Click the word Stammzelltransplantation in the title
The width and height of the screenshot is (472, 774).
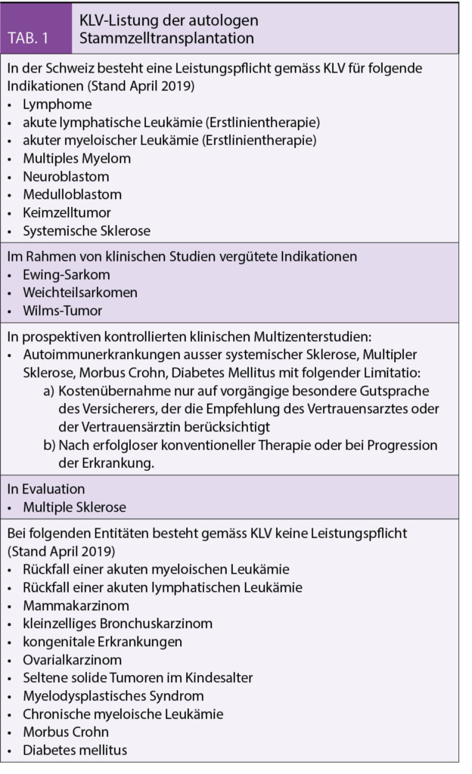(x=166, y=38)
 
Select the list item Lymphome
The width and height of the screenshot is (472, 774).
(x=57, y=104)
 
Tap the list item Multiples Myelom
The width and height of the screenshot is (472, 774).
(x=76, y=159)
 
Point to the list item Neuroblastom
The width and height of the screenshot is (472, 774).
(x=66, y=177)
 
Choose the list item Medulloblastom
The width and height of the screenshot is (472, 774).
(x=72, y=195)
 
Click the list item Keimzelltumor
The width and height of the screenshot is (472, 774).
(x=67, y=213)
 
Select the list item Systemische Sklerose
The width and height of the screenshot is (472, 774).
(x=85, y=231)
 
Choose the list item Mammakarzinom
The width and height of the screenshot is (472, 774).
(x=76, y=605)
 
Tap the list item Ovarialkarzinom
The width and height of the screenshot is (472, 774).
(x=72, y=660)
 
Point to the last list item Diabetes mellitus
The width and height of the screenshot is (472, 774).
(x=75, y=751)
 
